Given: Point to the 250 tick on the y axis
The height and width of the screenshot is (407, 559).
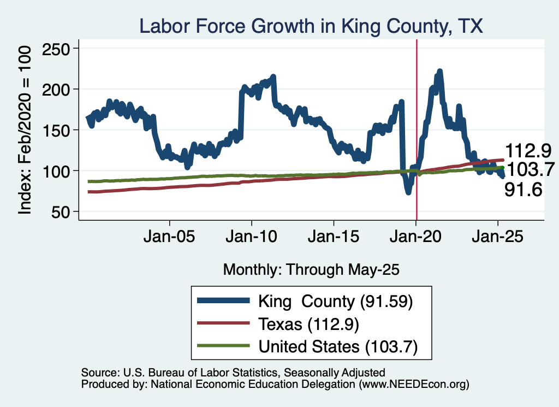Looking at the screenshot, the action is click(x=55, y=49).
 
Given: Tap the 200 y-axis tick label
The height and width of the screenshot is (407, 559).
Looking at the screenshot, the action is click(x=55, y=90).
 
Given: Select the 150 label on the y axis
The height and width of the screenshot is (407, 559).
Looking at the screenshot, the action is click(x=55, y=130).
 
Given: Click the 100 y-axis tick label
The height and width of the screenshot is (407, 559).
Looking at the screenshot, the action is click(x=55, y=171).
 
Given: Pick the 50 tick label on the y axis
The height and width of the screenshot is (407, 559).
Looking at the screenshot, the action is click(x=60, y=212).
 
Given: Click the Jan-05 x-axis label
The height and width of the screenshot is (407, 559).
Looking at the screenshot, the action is click(x=169, y=236).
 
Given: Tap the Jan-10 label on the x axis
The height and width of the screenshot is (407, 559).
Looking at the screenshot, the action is click(x=251, y=236).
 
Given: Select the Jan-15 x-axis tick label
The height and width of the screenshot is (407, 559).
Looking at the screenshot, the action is click(x=334, y=236).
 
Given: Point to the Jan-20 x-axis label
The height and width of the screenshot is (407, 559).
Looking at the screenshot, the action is click(x=415, y=236).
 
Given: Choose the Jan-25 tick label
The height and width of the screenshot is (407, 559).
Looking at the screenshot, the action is click(x=498, y=236).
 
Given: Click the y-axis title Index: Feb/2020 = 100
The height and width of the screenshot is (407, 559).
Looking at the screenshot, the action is click(x=25, y=130).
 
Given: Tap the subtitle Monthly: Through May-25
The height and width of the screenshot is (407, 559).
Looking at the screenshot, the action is click(x=311, y=270).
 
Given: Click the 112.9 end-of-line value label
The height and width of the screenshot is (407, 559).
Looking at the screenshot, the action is click(x=528, y=151).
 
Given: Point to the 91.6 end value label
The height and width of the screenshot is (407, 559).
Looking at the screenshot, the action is click(x=524, y=190).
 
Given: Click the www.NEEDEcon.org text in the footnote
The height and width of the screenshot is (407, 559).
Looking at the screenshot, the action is click(x=414, y=384).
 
